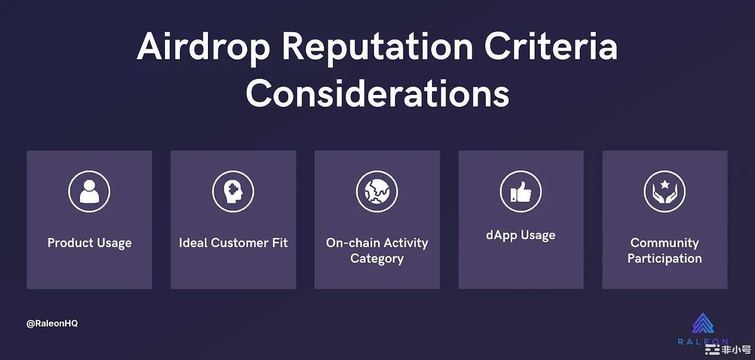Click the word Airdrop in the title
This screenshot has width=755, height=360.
coord(204,48)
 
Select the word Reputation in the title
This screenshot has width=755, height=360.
coord(378,48)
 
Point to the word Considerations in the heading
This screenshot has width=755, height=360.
coord(378,93)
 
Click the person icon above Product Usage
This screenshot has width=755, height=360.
coord(89,191)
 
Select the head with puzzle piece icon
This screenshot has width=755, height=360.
coord(233,191)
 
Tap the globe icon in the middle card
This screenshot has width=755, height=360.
coord(377,191)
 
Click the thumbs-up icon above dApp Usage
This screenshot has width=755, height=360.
coord(521,191)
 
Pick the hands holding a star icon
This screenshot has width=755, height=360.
coord(665,191)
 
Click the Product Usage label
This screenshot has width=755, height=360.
coord(89,243)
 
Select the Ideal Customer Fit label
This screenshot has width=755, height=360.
coord(233,243)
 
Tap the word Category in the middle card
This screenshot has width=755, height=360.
coord(377,259)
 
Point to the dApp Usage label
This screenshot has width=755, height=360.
coord(521,236)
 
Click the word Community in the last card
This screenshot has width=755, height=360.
coord(665,243)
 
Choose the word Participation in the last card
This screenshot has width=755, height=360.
coord(665,259)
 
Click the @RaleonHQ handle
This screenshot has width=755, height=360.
coord(52,324)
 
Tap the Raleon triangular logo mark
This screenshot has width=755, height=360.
coord(703,323)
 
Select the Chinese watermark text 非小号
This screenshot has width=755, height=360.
coord(736,350)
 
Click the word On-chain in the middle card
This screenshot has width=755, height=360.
coord(353,243)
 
